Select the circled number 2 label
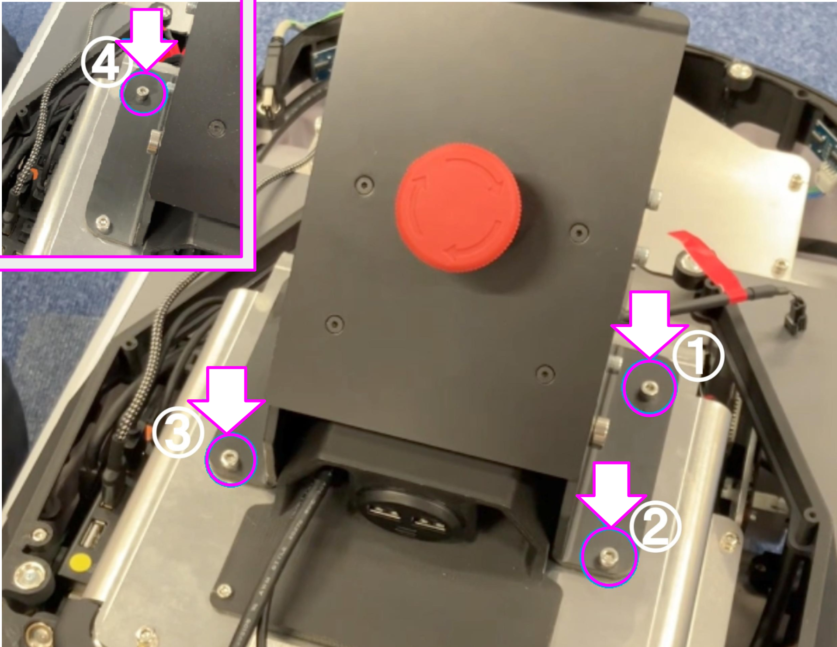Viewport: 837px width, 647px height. tap(655, 528)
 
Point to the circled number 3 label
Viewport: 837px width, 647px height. tap(178, 434)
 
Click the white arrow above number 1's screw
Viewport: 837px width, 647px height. tap(649, 323)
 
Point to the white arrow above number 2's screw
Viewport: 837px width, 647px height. tap(611, 494)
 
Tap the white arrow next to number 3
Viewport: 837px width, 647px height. tap(226, 400)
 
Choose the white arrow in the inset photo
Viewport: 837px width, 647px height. tap(146, 39)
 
